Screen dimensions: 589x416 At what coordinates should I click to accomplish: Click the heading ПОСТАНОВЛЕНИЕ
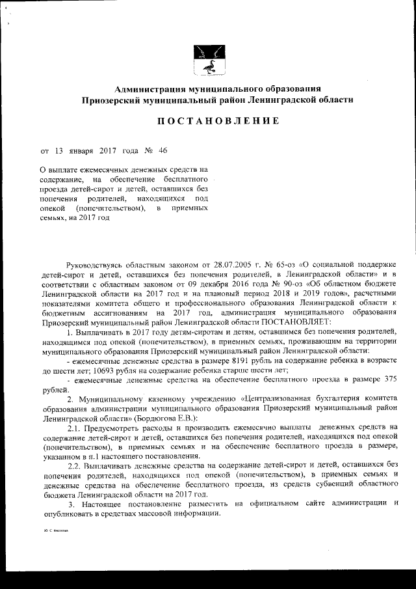pos(208,121)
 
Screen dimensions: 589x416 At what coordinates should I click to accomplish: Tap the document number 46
pos(162,151)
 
